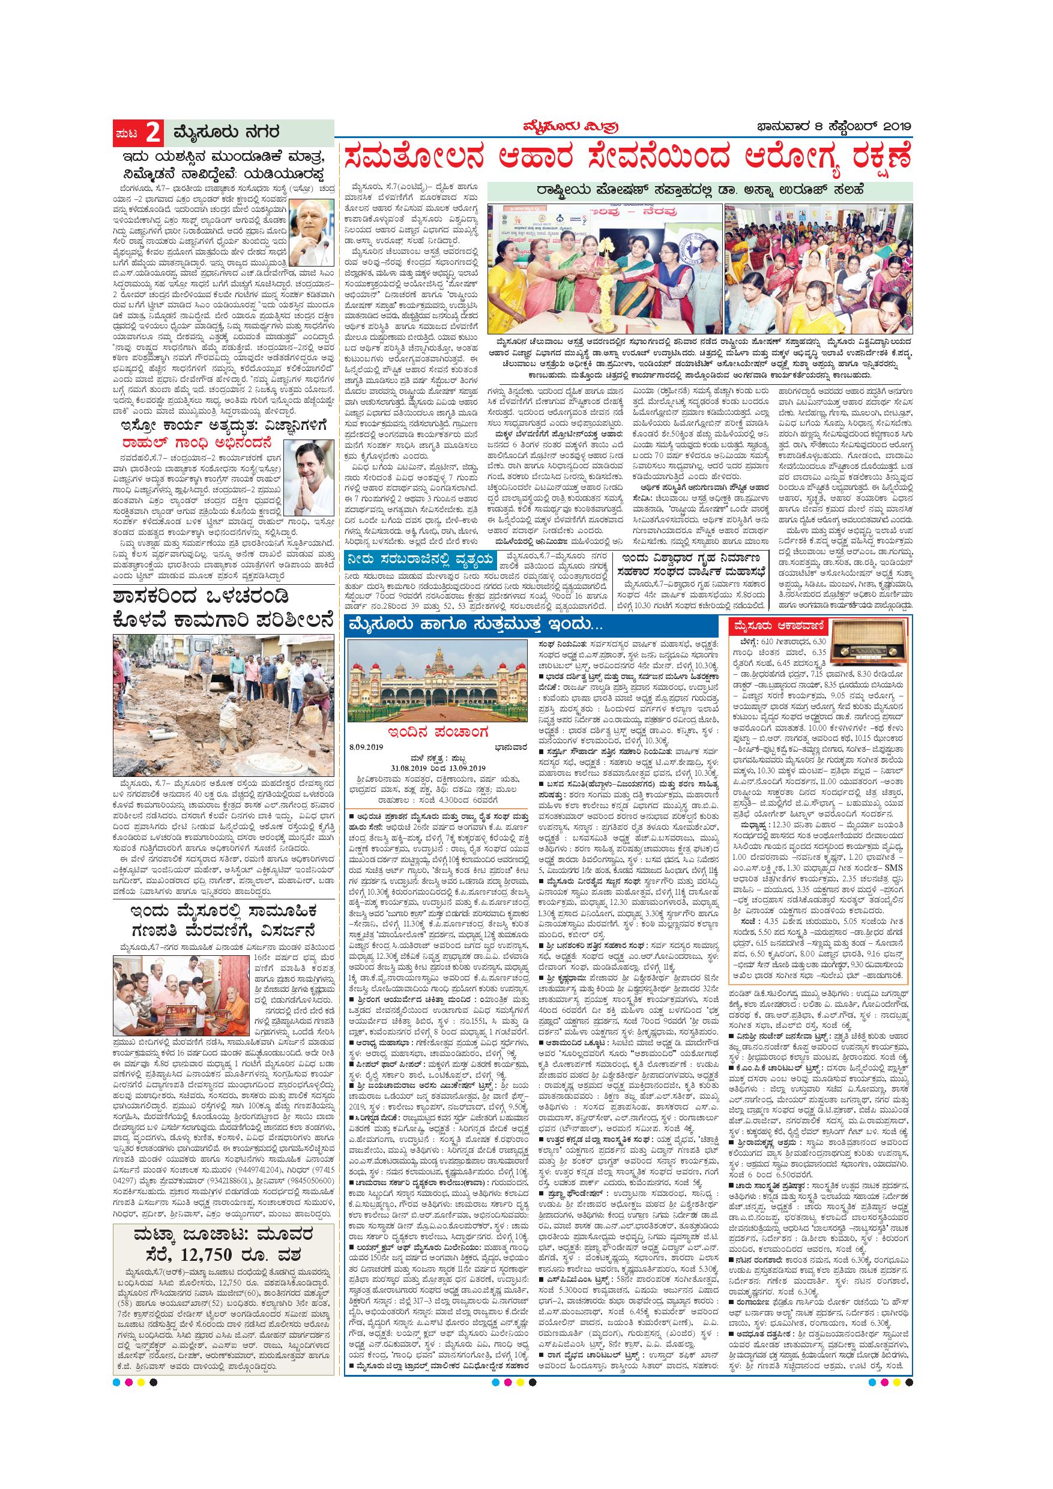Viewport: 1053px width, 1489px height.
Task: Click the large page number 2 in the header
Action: pos(153,134)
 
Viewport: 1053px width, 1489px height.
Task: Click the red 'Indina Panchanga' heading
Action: pos(439,733)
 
